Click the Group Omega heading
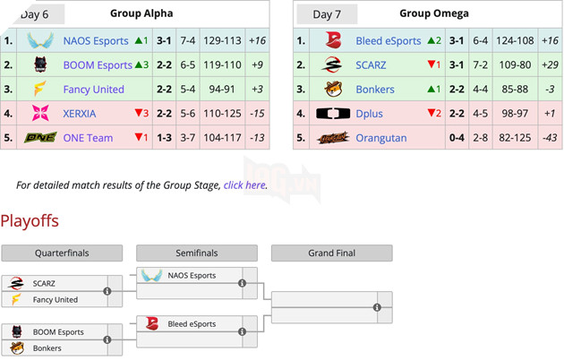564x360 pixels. (x=434, y=13)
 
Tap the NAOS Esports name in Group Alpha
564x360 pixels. (x=96, y=40)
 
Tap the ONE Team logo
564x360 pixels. (x=40, y=137)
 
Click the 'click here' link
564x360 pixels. (x=244, y=185)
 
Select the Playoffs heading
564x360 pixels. (x=30, y=220)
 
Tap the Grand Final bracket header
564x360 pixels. (x=330, y=253)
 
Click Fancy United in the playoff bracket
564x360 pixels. (x=56, y=299)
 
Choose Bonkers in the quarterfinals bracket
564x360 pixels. (x=48, y=347)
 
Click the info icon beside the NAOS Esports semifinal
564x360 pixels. (x=242, y=283)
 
